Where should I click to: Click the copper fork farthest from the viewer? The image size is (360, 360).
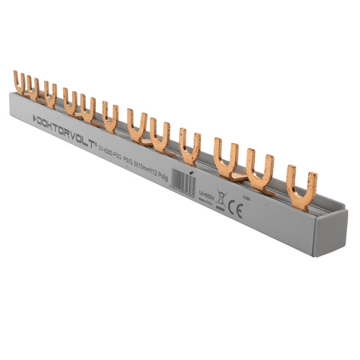tap(18, 81)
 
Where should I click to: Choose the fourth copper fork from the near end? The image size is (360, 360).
tap(190, 143)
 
